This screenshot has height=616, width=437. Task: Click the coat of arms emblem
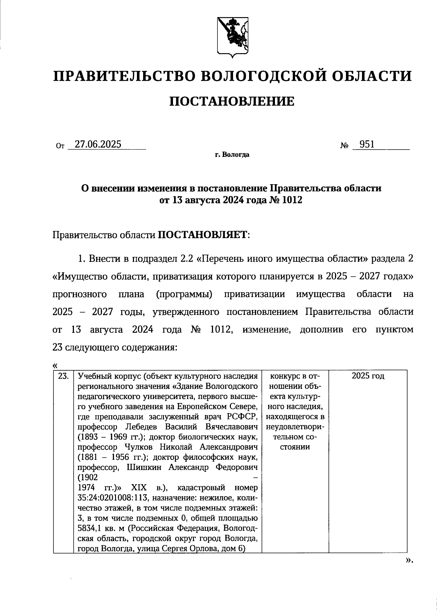point(233,37)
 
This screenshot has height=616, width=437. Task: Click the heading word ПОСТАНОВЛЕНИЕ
point(232,102)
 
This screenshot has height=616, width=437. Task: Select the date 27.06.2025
point(98,145)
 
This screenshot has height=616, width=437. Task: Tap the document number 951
point(366,145)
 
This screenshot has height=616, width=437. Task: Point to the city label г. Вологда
point(232,155)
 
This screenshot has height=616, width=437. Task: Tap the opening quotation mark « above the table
point(55,366)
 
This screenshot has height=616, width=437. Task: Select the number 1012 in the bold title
point(287,200)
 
